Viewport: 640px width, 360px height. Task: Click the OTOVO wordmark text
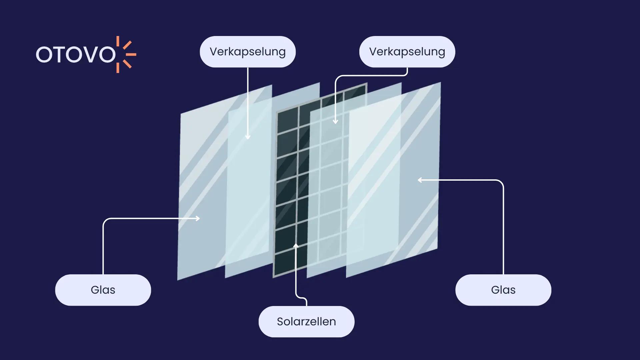click(76, 55)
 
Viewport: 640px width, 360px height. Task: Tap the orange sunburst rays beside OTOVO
click(126, 54)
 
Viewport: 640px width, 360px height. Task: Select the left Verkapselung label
click(248, 52)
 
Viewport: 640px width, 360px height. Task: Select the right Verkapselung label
click(407, 52)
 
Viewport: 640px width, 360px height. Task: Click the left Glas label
click(103, 290)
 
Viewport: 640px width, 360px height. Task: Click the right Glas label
click(503, 290)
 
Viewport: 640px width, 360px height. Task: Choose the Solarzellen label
click(306, 322)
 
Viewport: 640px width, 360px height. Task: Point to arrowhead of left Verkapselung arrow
click(248, 137)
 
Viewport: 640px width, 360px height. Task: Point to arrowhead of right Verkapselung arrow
click(335, 122)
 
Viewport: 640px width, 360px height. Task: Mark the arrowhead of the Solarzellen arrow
click(296, 246)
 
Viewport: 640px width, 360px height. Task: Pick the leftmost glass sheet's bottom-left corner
click(178, 279)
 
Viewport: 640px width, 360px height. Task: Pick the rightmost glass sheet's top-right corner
click(440, 83)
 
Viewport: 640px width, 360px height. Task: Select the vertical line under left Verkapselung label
click(248, 100)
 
